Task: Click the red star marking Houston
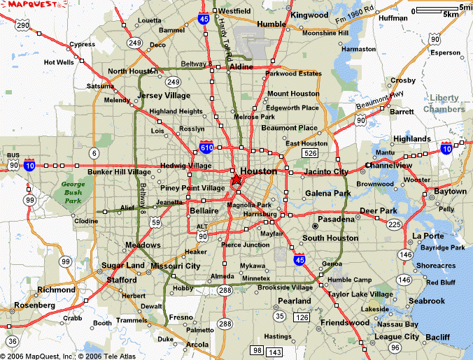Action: [236, 180]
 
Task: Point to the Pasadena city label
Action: [336, 219]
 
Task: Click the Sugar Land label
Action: [123, 266]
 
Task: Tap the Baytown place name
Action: [450, 191]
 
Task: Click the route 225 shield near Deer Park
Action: [394, 224]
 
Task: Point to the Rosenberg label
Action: [34, 305]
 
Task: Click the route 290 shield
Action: [23, 26]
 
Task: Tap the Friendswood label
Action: [344, 322]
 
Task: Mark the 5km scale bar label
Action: [451, 14]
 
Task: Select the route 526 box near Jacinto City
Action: [311, 152]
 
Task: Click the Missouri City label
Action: [176, 266]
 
